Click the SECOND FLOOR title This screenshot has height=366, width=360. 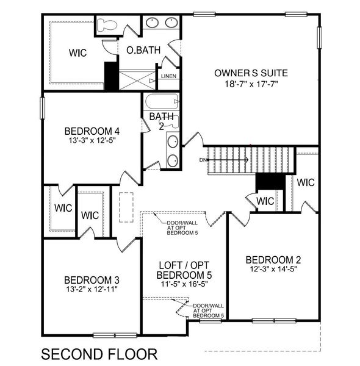(99, 353)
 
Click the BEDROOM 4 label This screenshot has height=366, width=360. (92, 131)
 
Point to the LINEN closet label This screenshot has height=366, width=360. (168, 76)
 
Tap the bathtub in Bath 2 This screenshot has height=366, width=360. (162, 100)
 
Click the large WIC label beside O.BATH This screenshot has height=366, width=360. (77, 53)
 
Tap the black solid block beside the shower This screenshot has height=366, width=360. (110, 76)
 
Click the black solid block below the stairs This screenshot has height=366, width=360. (265, 182)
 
